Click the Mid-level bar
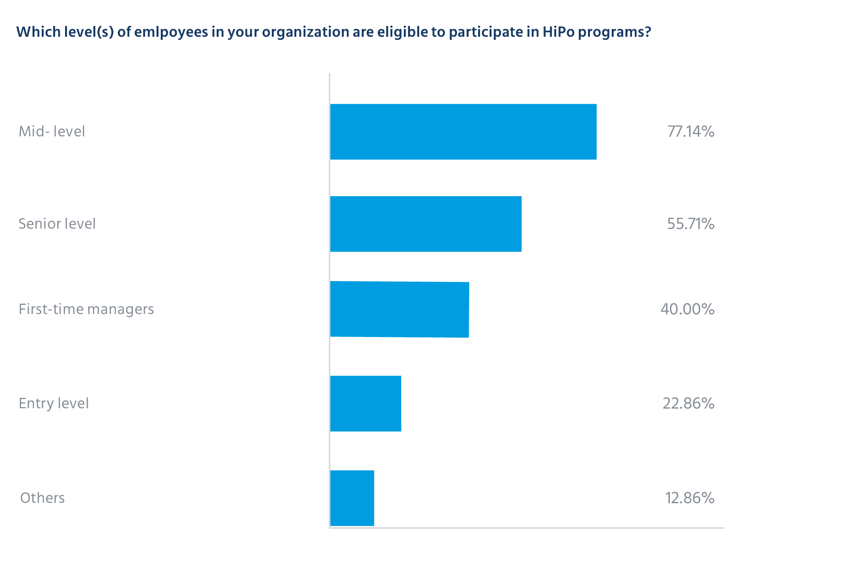pyautogui.click(x=463, y=132)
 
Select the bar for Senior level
pyautogui.click(x=426, y=224)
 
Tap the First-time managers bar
pyautogui.click(x=399, y=309)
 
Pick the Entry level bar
pyautogui.click(x=366, y=404)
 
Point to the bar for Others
pyautogui.click(x=352, y=498)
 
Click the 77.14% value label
pyautogui.click(x=691, y=132)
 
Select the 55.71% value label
pyautogui.click(x=691, y=224)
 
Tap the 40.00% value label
pyautogui.click(x=687, y=309)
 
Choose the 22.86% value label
pyautogui.click(x=688, y=404)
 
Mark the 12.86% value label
pyautogui.click(x=689, y=498)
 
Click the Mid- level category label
pyautogui.click(x=52, y=132)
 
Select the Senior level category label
pyautogui.click(x=57, y=224)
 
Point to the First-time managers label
pyautogui.click(x=86, y=309)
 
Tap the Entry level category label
pyautogui.click(x=54, y=404)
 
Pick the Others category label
pyautogui.click(x=42, y=498)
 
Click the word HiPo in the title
pyautogui.click(x=558, y=32)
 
